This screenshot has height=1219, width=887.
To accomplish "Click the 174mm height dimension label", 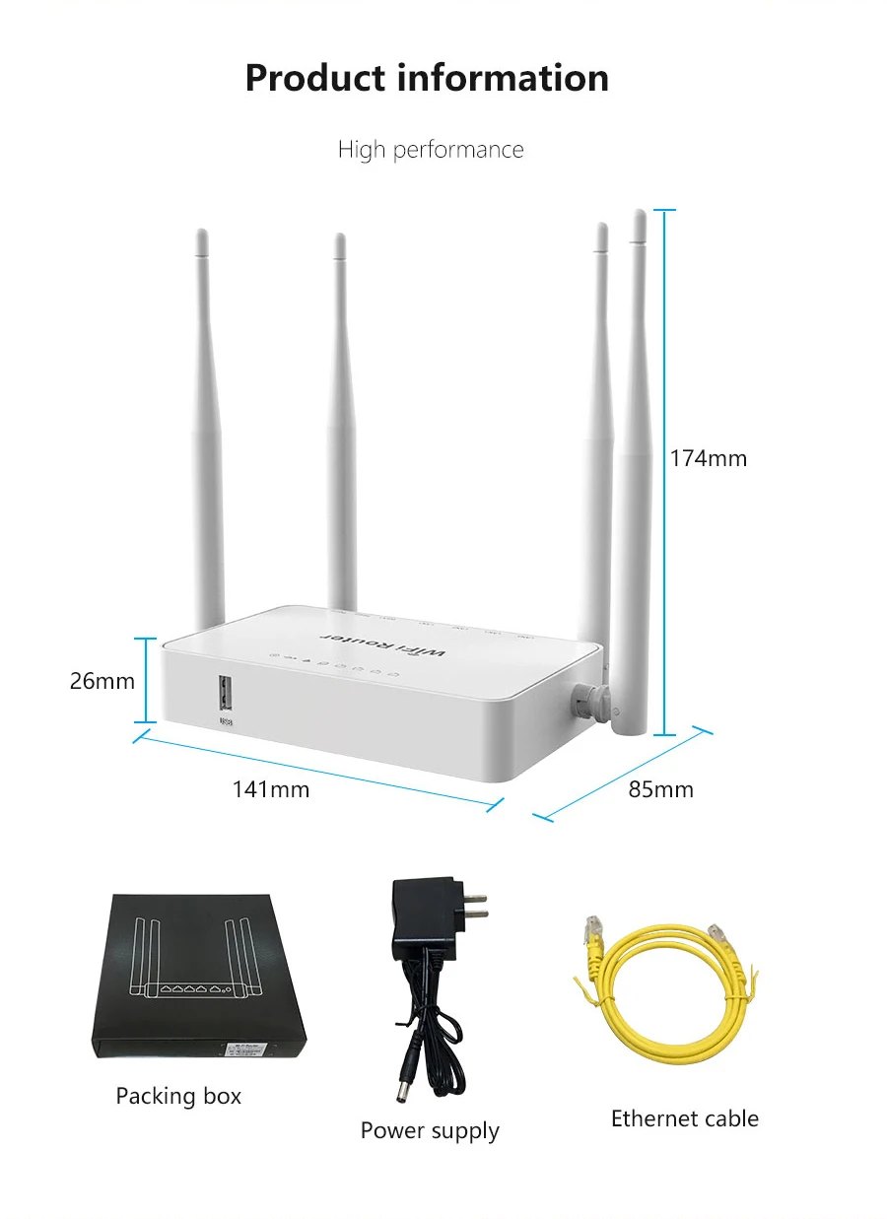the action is [709, 458].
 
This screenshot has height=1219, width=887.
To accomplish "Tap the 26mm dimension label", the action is [102, 681].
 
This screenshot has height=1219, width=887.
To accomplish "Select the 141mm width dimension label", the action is [271, 789].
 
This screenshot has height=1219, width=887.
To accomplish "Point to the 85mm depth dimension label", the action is [661, 789].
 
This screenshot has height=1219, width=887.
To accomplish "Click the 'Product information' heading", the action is [427, 78].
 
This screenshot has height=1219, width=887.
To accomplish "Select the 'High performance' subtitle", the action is [431, 150].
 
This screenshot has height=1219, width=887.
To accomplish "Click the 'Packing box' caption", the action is [178, 1096].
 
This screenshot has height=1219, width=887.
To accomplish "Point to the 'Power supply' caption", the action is [430, 1130].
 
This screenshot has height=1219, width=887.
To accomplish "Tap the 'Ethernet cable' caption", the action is [685, 1118].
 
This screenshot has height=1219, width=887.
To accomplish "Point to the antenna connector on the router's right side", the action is [586, 700].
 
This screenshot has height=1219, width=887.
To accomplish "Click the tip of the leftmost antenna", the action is [202, 237].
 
